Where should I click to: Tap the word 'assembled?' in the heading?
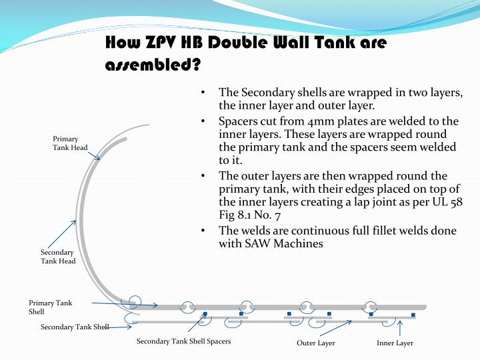tap(153, 66)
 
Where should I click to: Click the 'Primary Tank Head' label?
tap(70, 143)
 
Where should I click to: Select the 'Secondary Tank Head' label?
tap(58, 257)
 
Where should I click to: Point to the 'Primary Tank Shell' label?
tap(50, 307)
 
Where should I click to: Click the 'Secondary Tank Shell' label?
tap(74, 327)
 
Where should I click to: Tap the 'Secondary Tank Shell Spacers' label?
tap(183, 341)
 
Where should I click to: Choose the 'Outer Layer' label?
tap(316, 343)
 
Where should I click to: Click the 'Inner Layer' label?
tap(395, 343)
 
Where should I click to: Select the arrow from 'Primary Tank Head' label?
tap(94, 153)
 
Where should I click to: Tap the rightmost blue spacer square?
tap(413, 315)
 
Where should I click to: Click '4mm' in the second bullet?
tap(295, 121)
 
